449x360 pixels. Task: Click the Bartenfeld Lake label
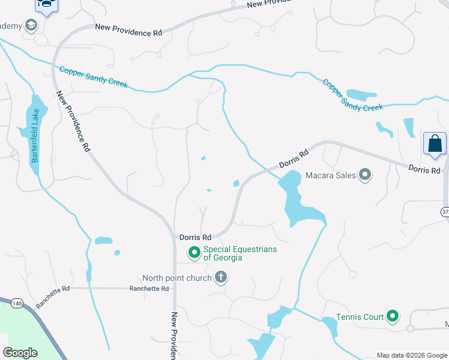[x=35, y=136]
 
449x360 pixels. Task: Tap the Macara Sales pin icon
[x=365, y=176]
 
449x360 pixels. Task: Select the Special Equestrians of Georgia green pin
[x=194, y=253]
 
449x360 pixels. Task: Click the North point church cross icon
[x=221, y=278]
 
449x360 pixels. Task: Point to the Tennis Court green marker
[x=393, y=316]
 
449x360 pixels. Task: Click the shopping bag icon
[x=435, y=144]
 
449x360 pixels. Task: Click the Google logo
[x=20, y=353]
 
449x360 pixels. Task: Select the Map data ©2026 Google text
[x=412, y=355]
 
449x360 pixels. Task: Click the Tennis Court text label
[x=359, y=316]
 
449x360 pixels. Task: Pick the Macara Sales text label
[x=330, y=176]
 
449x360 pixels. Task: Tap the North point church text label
[x=177, y=278]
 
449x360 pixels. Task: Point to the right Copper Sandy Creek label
[x=352, y=95]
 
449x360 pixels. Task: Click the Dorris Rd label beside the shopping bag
[x=424, y=170]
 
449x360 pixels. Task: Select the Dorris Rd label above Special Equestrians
[x=196, y=238]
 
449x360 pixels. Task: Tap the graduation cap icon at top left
[x=45, y=5]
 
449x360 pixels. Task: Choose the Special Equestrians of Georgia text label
[x=240, y=253]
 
